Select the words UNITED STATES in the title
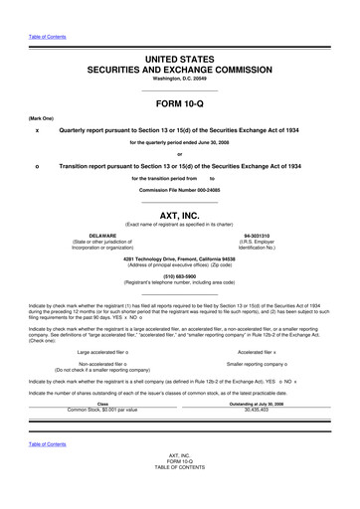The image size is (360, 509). tap(180, 62)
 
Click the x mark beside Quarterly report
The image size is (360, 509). tap(37, 130)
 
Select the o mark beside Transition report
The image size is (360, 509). tap(37, 166)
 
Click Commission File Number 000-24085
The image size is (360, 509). tap(180, 189)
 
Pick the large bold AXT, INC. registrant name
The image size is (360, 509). tap(180, 213)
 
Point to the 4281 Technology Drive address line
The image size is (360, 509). tap(180, 258)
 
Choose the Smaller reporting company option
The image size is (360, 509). tap(264, 337)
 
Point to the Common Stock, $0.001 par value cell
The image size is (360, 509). tap(101, 382)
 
